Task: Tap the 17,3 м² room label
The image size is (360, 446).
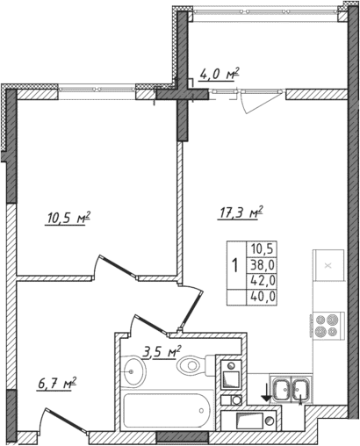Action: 240,212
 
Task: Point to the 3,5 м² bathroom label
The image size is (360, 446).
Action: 161,353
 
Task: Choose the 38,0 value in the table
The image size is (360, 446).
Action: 263,263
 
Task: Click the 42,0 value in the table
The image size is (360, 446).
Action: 263,280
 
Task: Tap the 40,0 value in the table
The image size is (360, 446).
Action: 263,296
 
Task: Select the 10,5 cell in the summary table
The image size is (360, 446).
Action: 263,248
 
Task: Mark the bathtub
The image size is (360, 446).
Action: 165,410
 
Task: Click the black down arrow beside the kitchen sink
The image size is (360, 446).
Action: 264,392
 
